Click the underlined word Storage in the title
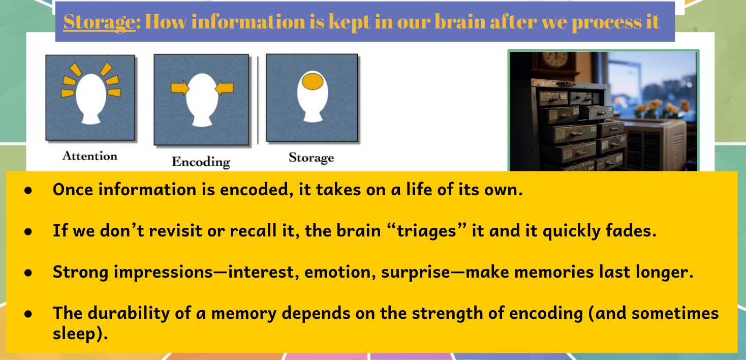(x=99, y=22)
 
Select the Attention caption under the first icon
(x=90, y=156)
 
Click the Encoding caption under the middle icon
(x=201, y=162)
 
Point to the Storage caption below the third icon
(x=312, y=157)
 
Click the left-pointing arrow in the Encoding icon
(x=225, y=87)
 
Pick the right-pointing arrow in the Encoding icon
(x=180, y=88)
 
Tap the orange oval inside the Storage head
(x=313, y=81)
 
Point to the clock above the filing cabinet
(x=555, y=59)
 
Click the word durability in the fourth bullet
(x=129, y=313)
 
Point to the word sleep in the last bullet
(x=74, y=334)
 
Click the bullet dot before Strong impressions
(x=28, y=273)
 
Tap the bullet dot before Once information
(x=28, y=190)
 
